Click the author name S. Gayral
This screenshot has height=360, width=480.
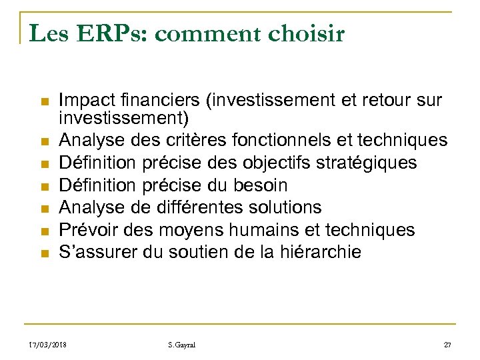[182, 344]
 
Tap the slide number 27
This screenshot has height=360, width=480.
[447, 344]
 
